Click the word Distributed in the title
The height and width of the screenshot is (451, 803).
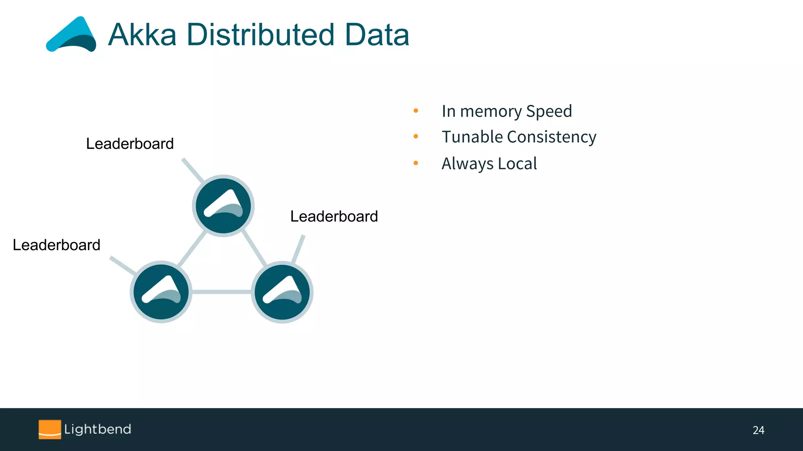(260, 35)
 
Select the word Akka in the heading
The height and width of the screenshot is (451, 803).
(142, 35)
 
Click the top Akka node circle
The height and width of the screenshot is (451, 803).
(223, 206)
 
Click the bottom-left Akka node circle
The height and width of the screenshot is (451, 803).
(161, 292)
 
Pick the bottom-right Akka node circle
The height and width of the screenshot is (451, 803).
(282, 292)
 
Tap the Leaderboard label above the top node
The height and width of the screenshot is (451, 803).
(130, 144)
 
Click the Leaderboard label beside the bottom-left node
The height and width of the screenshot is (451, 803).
(56, 245)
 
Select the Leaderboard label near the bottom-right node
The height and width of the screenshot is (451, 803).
(334, 216)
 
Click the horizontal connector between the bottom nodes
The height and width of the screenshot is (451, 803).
(222, 292)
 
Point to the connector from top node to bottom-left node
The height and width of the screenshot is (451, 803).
(192, 249)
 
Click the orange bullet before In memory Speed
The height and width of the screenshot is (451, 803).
(416, 111)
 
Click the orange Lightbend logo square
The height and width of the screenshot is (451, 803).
(50, 429)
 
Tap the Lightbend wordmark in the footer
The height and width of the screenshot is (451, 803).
(98, 429)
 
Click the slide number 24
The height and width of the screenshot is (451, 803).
(758, 430)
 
